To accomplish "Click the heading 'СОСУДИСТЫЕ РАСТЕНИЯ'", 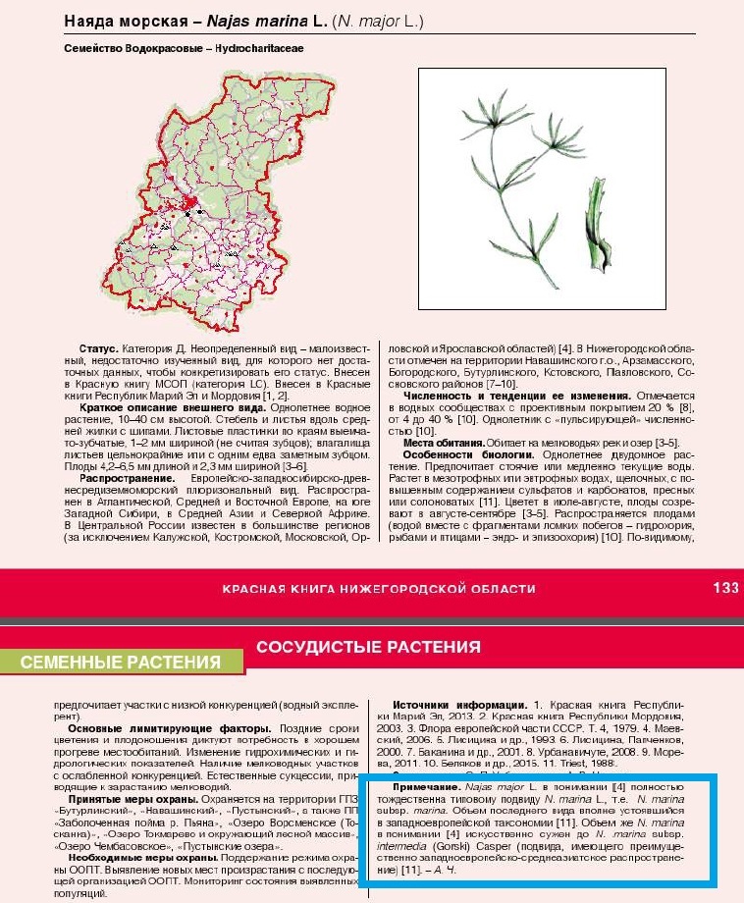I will (x=368, y=647).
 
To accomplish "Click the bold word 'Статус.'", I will (x=99, y=349).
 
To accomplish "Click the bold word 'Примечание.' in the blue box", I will (x=426, y=787).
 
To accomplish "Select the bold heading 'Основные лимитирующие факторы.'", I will (x=162, y=728).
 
